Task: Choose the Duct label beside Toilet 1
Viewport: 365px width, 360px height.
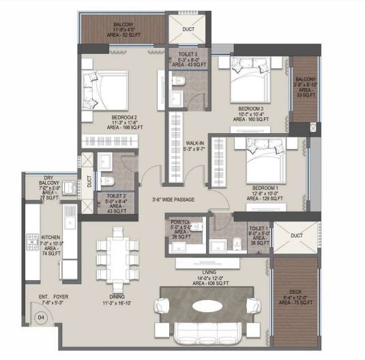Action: tap(296, 236)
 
